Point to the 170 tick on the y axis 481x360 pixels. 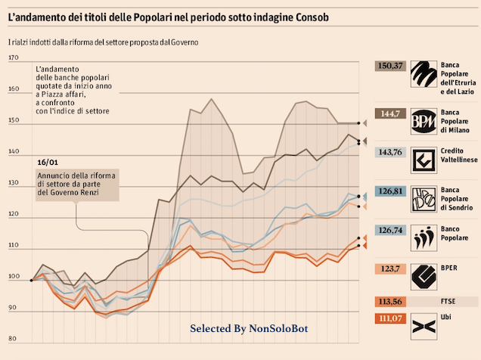pos(13,57)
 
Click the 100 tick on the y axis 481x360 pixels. pos(13,277)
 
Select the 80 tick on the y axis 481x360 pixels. pos(13,339)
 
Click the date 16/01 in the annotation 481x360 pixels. pos(47,162)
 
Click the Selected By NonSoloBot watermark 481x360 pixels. pos(249,329)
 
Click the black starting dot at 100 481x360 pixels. pos(31,280)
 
